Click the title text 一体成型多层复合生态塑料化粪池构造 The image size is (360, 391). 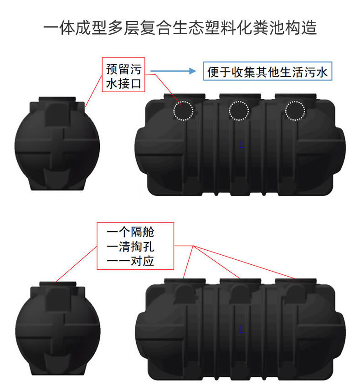(180, 28)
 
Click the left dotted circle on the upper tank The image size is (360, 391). (184, 110)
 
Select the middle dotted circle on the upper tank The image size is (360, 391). (239, 110)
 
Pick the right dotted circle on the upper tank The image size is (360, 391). (295, 110)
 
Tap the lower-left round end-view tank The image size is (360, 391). (57, 332)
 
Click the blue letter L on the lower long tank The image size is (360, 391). (241, 329)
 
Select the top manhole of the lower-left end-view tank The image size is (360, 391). (57, 285)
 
